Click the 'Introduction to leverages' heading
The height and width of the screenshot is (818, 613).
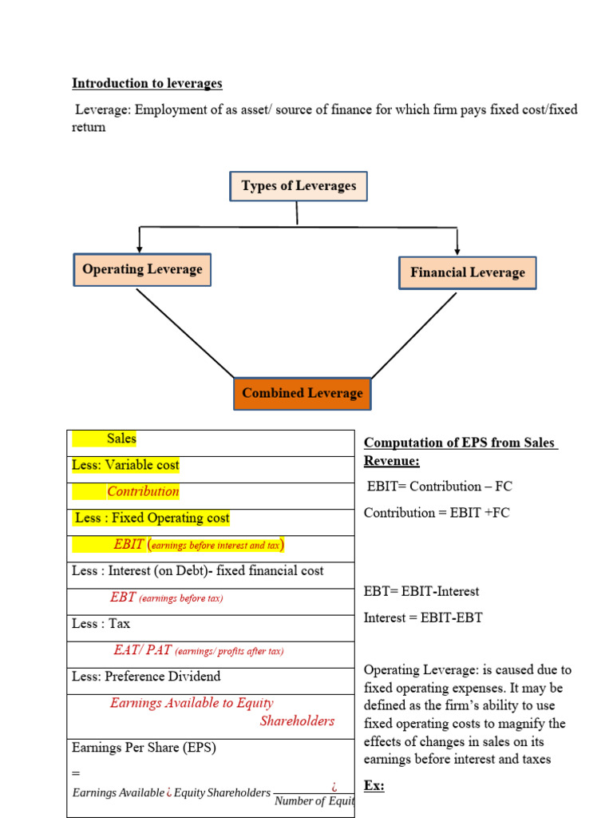(x=147, y=83)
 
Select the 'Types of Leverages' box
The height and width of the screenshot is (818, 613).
(x=299, y=186)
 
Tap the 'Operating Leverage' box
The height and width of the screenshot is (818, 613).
(x=142, y=269)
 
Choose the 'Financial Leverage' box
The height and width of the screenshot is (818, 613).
(x=467, y=272)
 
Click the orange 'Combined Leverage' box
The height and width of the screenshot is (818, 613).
(x=302, y=393)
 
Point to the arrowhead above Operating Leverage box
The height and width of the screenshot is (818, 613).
(x=140, y=248)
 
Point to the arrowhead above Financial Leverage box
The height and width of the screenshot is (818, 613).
(x=457, y=251)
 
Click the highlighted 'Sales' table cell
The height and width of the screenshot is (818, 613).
(x=121, y=439)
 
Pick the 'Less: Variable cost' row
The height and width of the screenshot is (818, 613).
(x=125, y=465)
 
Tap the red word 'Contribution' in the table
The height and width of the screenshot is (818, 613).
(x=143, y=491)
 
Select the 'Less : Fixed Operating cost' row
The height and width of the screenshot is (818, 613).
(x=152, y=518)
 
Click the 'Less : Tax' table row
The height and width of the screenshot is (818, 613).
(x=101, y=623)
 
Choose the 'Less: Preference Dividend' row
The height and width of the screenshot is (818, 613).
(x=146, y=676)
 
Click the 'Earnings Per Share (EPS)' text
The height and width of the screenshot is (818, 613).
(x=144, y=748)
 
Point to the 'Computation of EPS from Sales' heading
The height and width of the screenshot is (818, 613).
(x=460, y=443)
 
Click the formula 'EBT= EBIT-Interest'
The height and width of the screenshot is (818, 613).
(x=421, y=591)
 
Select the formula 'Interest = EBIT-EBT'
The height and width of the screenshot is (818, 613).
(x=423, y=617)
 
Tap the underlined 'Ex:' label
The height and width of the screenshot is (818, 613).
(x=374, y=785)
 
